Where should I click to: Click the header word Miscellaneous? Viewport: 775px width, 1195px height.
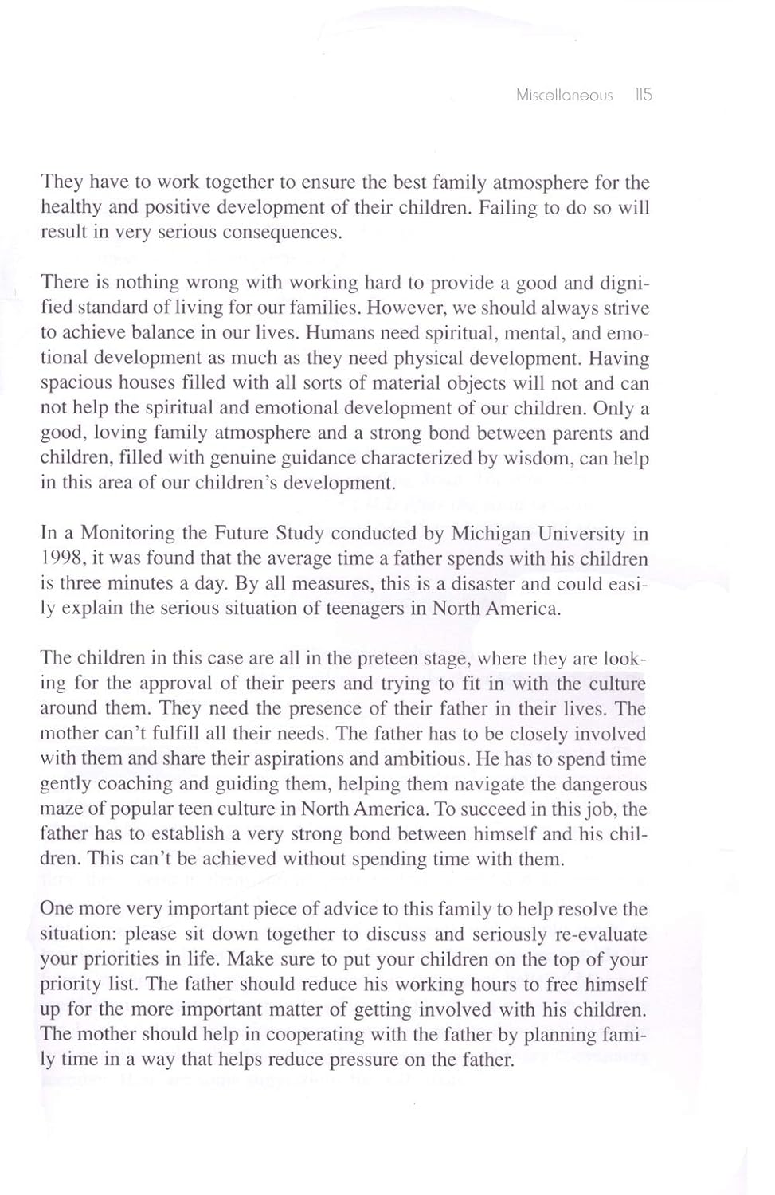pyautogui.click(x=564, y=96)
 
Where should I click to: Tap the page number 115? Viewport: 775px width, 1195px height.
pyautogui.click(x=644, y=95)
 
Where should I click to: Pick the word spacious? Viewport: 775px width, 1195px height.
pyautogui.click(x=77, y=383)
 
